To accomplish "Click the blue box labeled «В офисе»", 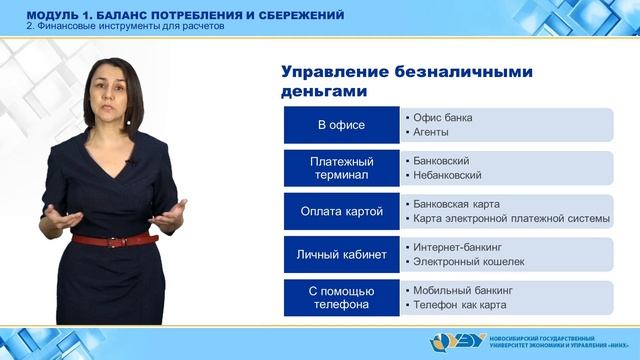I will coord(341,125).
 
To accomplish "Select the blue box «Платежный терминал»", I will coord(341,168).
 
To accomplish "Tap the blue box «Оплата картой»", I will coord(341,211).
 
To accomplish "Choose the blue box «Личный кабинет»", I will coord(341,254).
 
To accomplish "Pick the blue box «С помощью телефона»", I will coord(341,297).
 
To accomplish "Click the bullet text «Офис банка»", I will coord(442,117).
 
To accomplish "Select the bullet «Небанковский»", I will coord(448,175).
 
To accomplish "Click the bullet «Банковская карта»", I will coord(455,203).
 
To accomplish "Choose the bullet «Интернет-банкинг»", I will coord(457,246).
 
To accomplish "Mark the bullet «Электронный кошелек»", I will coord(463,261).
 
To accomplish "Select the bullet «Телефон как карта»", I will coord(456,304).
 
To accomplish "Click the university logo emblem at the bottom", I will coord(448,342).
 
